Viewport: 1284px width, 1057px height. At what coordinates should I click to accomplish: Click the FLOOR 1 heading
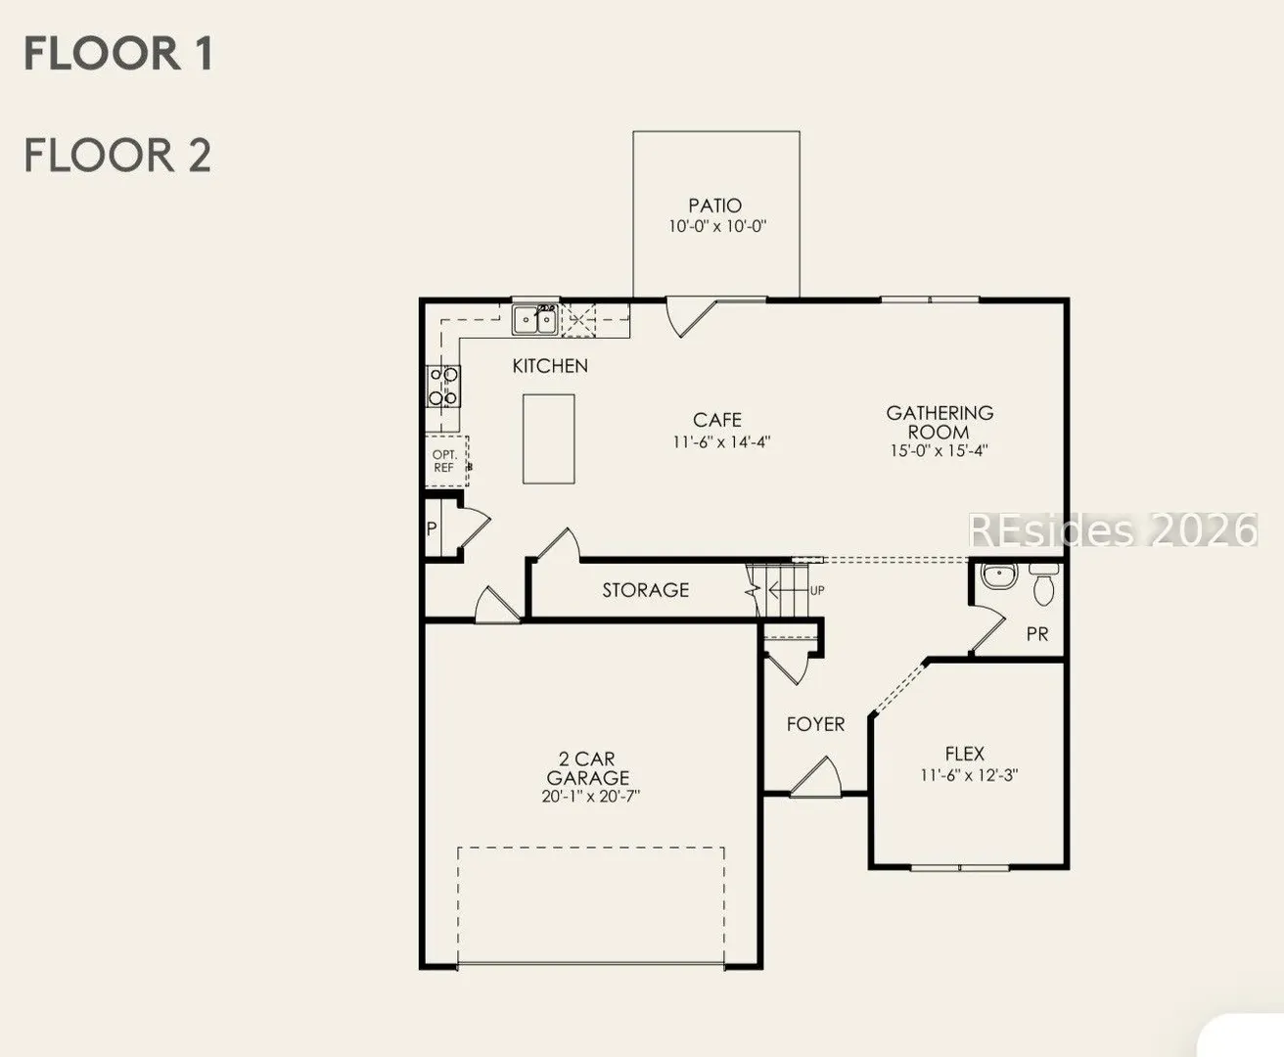[x=118, y=54]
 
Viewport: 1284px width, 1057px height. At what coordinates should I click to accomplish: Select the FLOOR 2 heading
[x=118, y=155]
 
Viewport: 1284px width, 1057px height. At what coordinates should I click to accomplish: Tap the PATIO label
[x=715, y=206]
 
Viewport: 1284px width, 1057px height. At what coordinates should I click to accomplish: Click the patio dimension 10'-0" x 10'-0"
[x=717, y=226]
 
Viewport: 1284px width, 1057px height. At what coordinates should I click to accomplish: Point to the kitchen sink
[x=535, y=320]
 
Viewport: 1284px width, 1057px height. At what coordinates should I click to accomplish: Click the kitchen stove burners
[x=443, y=386]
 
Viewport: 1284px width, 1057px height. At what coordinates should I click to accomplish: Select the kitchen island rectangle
[x=549, y=439]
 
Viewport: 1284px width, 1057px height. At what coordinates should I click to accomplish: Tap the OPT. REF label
[x=444, y=461]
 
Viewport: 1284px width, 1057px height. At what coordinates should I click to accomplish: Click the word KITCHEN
[x=550, y=366]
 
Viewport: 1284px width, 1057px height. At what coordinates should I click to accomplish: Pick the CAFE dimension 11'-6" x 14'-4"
[x=721, y=442]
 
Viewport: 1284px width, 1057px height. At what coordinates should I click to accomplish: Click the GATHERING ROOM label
[x=940, y=423]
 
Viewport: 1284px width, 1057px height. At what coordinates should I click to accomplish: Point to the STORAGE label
[x=645, y=590]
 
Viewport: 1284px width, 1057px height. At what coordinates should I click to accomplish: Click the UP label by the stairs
[x=817, y=590]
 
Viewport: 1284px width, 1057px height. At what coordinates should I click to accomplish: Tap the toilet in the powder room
[x=1043, y=584]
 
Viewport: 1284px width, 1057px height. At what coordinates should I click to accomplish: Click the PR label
[x=1037, y=634]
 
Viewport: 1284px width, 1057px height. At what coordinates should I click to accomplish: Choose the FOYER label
[x=815, y=724]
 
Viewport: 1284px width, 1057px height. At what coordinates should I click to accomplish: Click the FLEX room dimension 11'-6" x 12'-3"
[x=969, y=775]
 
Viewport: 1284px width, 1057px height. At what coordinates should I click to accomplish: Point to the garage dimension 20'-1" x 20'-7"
[x=590, y=797]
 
